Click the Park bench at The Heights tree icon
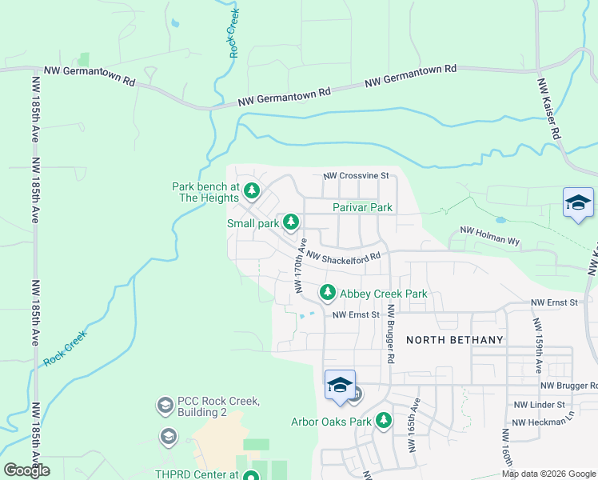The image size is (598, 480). (x=253, y=190)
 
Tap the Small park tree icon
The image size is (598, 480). (x=293, y=222)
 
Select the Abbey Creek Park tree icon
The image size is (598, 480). (x=327, y=294)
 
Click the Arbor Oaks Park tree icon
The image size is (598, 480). (x=384, y=420)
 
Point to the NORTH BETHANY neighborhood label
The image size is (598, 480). (x=455, y=340)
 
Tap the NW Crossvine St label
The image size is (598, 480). (x=356, y=175)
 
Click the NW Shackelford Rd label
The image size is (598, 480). (x=341, y=258)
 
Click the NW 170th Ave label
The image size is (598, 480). (x=301, y=265)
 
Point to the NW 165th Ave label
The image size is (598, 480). (x=415, y=425)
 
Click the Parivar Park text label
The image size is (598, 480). (x=362, y=207)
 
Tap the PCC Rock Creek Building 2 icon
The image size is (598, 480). (x=165, y=405)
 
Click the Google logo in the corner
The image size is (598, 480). (x=27, y=470)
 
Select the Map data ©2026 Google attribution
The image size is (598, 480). (x=548, y=474)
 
